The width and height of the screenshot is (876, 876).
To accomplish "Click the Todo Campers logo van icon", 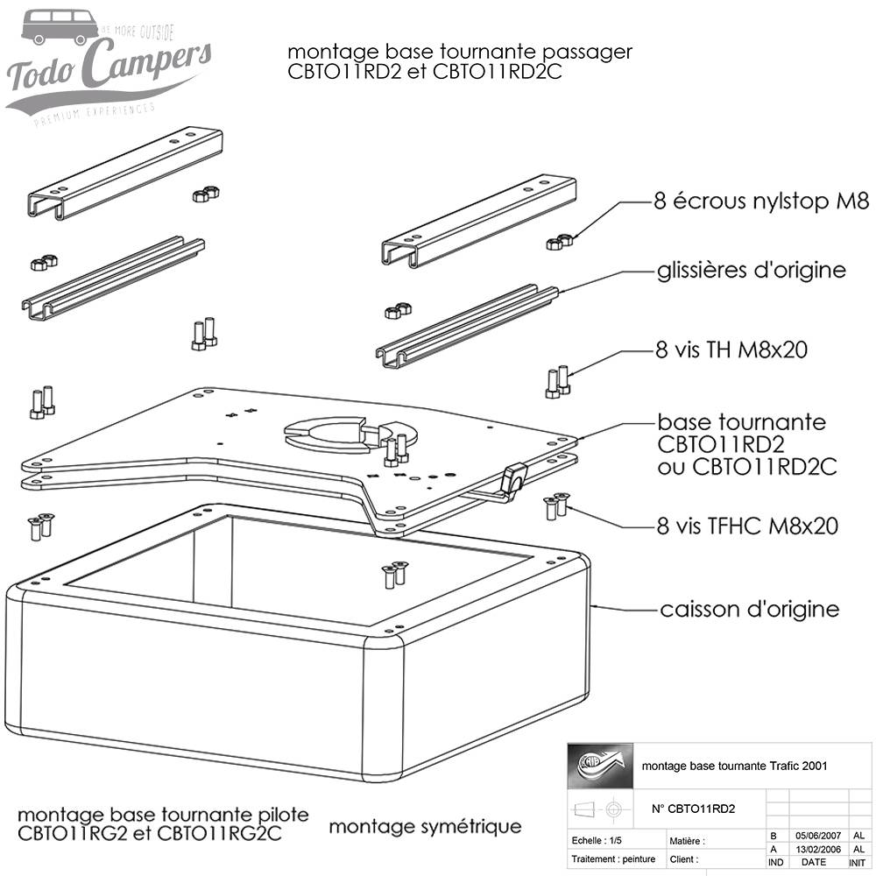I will [x=55, y=27].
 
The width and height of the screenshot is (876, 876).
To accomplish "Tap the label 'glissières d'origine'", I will [x=751, y=270].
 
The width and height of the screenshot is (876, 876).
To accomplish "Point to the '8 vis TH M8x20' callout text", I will [x=731, y=350].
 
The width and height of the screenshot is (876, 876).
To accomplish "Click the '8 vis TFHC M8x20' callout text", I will [x=746, y=526].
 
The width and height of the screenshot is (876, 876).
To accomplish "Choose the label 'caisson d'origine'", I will [x=749, y=608].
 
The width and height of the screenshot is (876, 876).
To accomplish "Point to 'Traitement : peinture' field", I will [x=612, y=859].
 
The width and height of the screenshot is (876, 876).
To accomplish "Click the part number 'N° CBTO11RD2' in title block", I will [x=694, y=809].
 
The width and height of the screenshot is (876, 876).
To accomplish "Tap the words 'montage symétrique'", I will [x=425, y=826].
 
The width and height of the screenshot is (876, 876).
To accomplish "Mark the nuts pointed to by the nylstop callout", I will [x=560, y=241].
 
